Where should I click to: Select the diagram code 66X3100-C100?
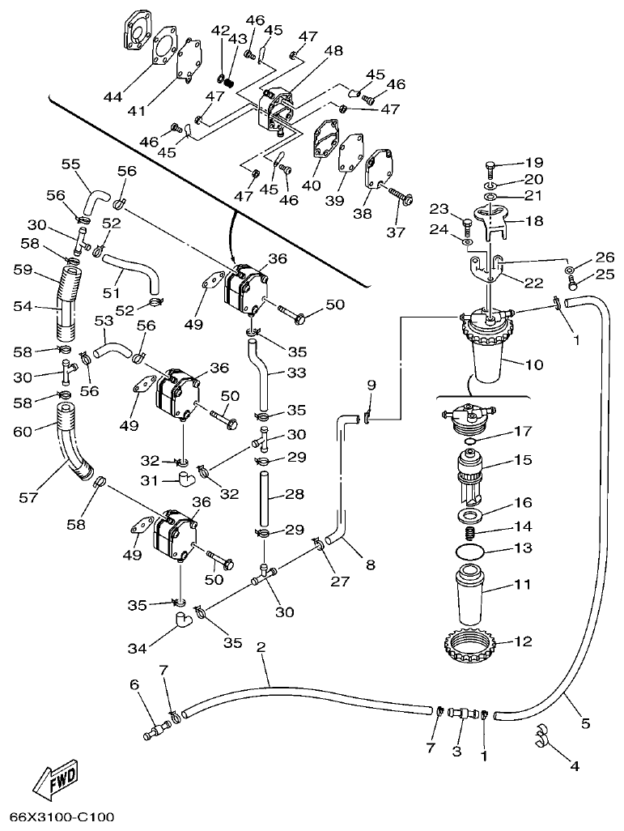pyautogui.click(x=62, y=817)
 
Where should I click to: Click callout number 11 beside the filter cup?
pyautogui.click(x=524, y=583)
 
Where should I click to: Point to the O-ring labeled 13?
pyautogui.click(x=472, y=551)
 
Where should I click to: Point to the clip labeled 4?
pyautogui.click(x=541, y=737)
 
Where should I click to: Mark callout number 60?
pyautogui.click(x=22, y=432)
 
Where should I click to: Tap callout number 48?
pyautogui.click(x=333, y=50)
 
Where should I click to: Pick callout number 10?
pyautogui.click(x=534, y=364)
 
